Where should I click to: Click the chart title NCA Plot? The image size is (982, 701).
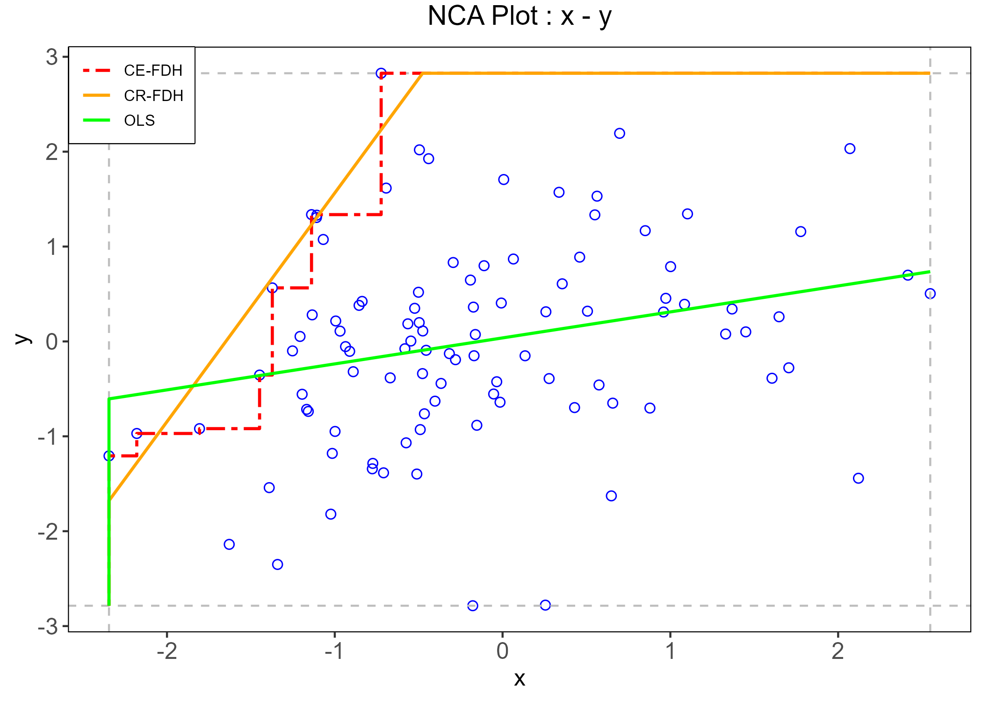click(519, 16)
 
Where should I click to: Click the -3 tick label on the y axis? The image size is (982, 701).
click(48, 626)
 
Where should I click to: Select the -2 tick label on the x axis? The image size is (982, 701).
click(167, 651)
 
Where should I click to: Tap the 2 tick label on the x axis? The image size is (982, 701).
click(838, 651)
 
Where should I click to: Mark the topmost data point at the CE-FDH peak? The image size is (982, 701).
click(381, 73)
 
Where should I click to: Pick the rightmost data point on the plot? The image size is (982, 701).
click(930, 294)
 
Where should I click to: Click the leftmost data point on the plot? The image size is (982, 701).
click(109, 455)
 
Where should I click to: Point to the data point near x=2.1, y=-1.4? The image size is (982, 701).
click(858, 478)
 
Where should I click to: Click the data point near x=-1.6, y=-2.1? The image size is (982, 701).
click(229, 544)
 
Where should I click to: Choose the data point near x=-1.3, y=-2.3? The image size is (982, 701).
click(277, 564)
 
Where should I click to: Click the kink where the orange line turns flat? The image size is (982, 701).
click(422, 73)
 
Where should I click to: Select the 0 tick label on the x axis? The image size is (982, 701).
click(503, 651)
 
